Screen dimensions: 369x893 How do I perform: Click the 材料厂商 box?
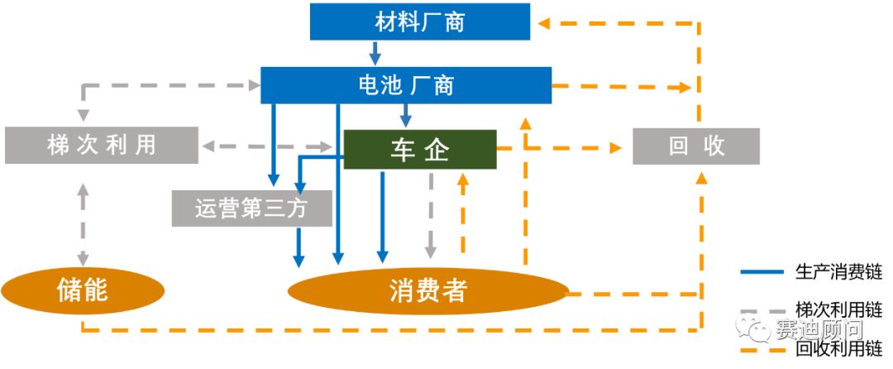pyautogui.click(x=419, y=22)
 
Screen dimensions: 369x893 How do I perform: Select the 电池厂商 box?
pyautogui.click(x=406, y=84)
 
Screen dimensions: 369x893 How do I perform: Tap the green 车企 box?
pyautogui.click(x=419, y=150)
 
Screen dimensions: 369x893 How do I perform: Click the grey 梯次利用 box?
pyautogui.click(x=101, y=145)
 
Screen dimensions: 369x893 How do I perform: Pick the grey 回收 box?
pyautogui.click(x=695, y=146)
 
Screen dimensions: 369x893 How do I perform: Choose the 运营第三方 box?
pyautogui.click(x=251, y=208)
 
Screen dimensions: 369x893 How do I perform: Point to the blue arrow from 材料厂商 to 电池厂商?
pyautogui.click(x=375, y=53)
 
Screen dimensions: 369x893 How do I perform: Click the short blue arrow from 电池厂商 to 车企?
pyautogui.click(x=406, y=115)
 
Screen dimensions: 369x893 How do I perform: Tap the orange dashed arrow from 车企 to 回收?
pyautogui.click(x=562, y=148)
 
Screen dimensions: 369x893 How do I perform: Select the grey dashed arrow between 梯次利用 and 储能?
pyautogui.click(x=83, y=223)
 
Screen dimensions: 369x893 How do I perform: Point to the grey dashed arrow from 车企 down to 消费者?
pyautogui.click(x=430, y=215)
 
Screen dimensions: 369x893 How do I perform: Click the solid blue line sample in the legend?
pyautogui.click(x=761, y=271)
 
